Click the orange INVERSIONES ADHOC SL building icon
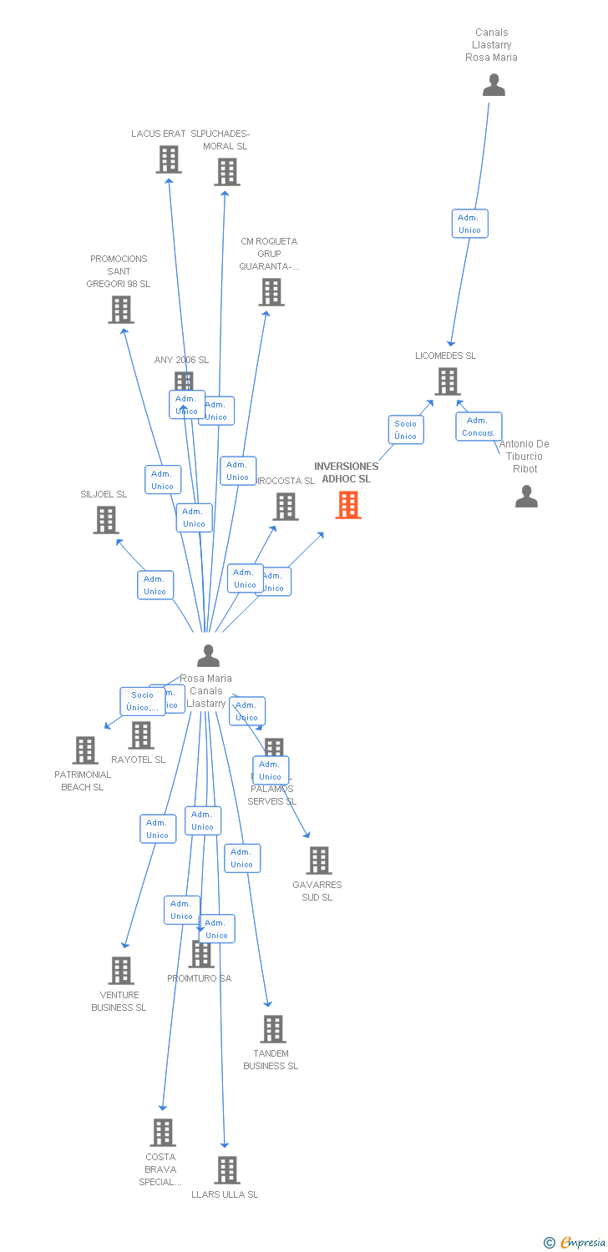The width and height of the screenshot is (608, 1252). click(348, 505)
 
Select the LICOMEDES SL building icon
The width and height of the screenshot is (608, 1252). click(448, 381)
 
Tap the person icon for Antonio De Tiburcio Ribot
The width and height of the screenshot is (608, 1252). click(526, 497)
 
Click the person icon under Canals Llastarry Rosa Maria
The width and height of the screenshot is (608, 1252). click(494, 85)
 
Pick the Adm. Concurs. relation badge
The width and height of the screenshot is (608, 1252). click(479, 427)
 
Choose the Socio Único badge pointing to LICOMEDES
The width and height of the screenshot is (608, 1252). click(406, 430)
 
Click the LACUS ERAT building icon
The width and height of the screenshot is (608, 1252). click(169, 159)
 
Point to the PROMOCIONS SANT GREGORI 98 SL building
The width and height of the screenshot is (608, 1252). click(121, 310)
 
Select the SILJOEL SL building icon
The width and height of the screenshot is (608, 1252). click(106, 520)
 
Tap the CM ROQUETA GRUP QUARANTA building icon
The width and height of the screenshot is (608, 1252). click(271, 292)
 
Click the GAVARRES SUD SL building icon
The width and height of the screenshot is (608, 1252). click(319, 861)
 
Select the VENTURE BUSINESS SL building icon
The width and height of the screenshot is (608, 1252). click(121, 971)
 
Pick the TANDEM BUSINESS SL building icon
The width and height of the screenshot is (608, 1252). click(273, 1029)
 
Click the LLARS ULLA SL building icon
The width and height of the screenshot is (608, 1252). click(227, 1170)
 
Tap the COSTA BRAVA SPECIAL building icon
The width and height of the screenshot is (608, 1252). click(163, 1133)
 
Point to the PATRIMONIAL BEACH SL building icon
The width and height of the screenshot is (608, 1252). click(85, 750)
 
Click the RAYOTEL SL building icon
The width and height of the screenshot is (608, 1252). click(141, 735)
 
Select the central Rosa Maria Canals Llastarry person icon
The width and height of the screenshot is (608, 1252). click(208, 656)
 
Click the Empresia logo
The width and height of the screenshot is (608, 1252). click(575, 1243)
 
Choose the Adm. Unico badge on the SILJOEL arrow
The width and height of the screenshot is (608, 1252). click(155, 585)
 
